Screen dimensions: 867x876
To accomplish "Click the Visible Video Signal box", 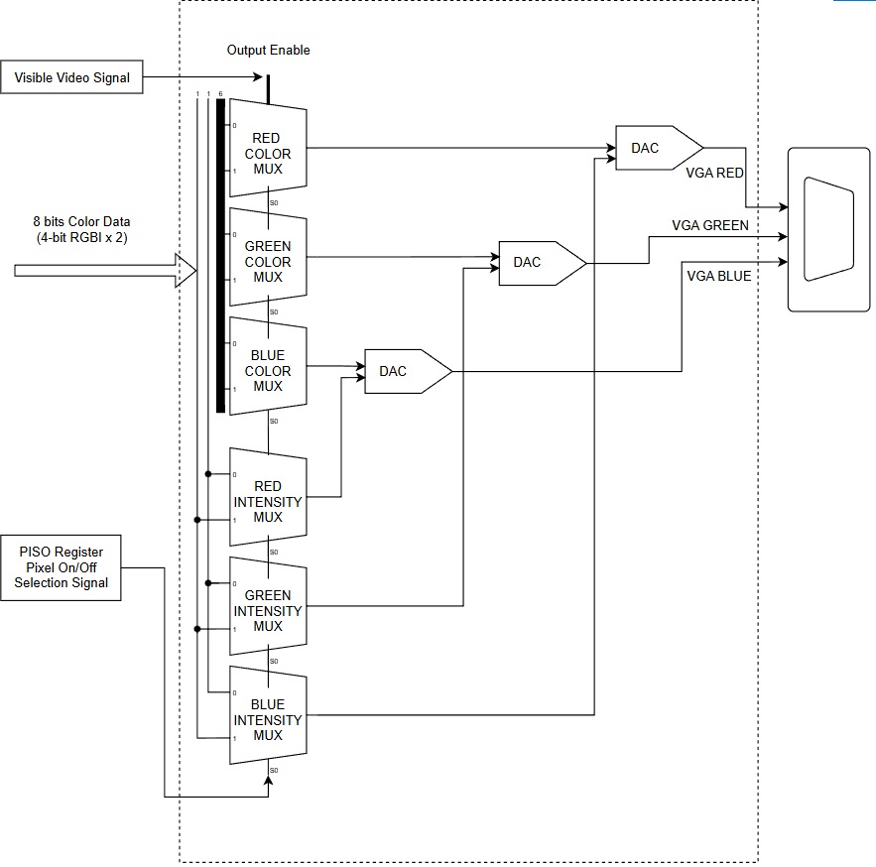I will click(71, 77).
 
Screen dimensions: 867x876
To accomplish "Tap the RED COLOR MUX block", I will click(267, 153).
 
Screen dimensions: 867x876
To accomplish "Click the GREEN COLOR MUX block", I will click(267, 262).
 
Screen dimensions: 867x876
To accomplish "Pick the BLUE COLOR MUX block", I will click(267, 371).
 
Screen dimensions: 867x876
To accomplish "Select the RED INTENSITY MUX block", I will click(267, 501).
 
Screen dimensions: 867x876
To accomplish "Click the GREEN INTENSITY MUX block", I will click(267, 610).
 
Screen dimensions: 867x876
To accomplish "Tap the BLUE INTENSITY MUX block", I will click(267, 719).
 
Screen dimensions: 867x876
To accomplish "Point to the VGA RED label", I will click(714, 173).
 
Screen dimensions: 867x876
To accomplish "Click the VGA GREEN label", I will click(710, 225).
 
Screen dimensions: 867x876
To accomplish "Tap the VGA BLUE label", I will click(718, 276).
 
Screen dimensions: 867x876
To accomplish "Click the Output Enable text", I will click(268, 50).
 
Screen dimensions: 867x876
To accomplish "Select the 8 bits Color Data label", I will click(81, 229).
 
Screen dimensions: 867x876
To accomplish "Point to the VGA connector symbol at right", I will click(827, 230).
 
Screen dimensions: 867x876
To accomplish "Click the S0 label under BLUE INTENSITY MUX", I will click(274, 770).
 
